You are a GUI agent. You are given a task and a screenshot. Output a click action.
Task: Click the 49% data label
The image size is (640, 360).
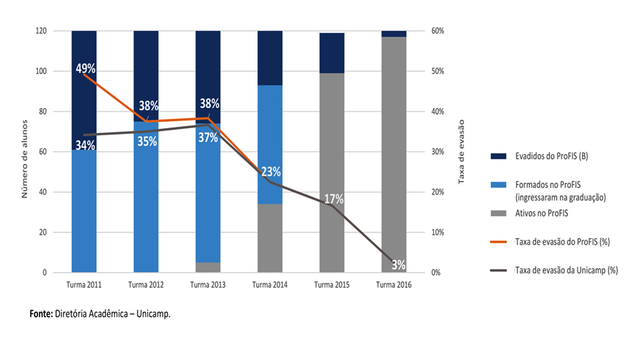coord(86,69)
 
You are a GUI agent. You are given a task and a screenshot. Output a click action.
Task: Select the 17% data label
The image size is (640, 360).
coord(334,199)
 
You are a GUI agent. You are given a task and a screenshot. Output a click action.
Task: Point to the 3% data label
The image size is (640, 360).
coord(399,265)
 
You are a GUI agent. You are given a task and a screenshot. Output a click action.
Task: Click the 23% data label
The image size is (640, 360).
coord(271,171)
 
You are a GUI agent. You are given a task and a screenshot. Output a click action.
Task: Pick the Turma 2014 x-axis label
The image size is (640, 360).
coord(269,285)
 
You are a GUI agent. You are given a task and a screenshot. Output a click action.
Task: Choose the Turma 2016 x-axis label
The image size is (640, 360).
coord(393,285)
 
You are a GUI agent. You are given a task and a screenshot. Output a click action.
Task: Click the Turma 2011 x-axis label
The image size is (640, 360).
coord(84,285)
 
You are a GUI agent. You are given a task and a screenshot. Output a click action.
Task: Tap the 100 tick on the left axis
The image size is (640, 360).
coord(40,71)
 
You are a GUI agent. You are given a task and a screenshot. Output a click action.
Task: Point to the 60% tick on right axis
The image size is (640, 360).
coord(437,31)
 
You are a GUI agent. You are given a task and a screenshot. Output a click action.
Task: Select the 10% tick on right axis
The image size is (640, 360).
coord(437,233)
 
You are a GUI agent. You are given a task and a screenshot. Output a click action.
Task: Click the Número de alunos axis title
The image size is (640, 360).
coord(25,151)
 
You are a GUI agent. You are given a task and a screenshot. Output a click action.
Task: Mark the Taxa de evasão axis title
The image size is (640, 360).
coord(460,151)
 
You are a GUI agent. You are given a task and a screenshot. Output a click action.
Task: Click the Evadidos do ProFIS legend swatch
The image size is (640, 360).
coord(497,157)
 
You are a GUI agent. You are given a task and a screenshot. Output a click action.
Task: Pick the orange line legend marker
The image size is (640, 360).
coord(497,242)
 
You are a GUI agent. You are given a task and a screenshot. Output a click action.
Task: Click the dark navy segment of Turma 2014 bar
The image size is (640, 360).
coord(269,57)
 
